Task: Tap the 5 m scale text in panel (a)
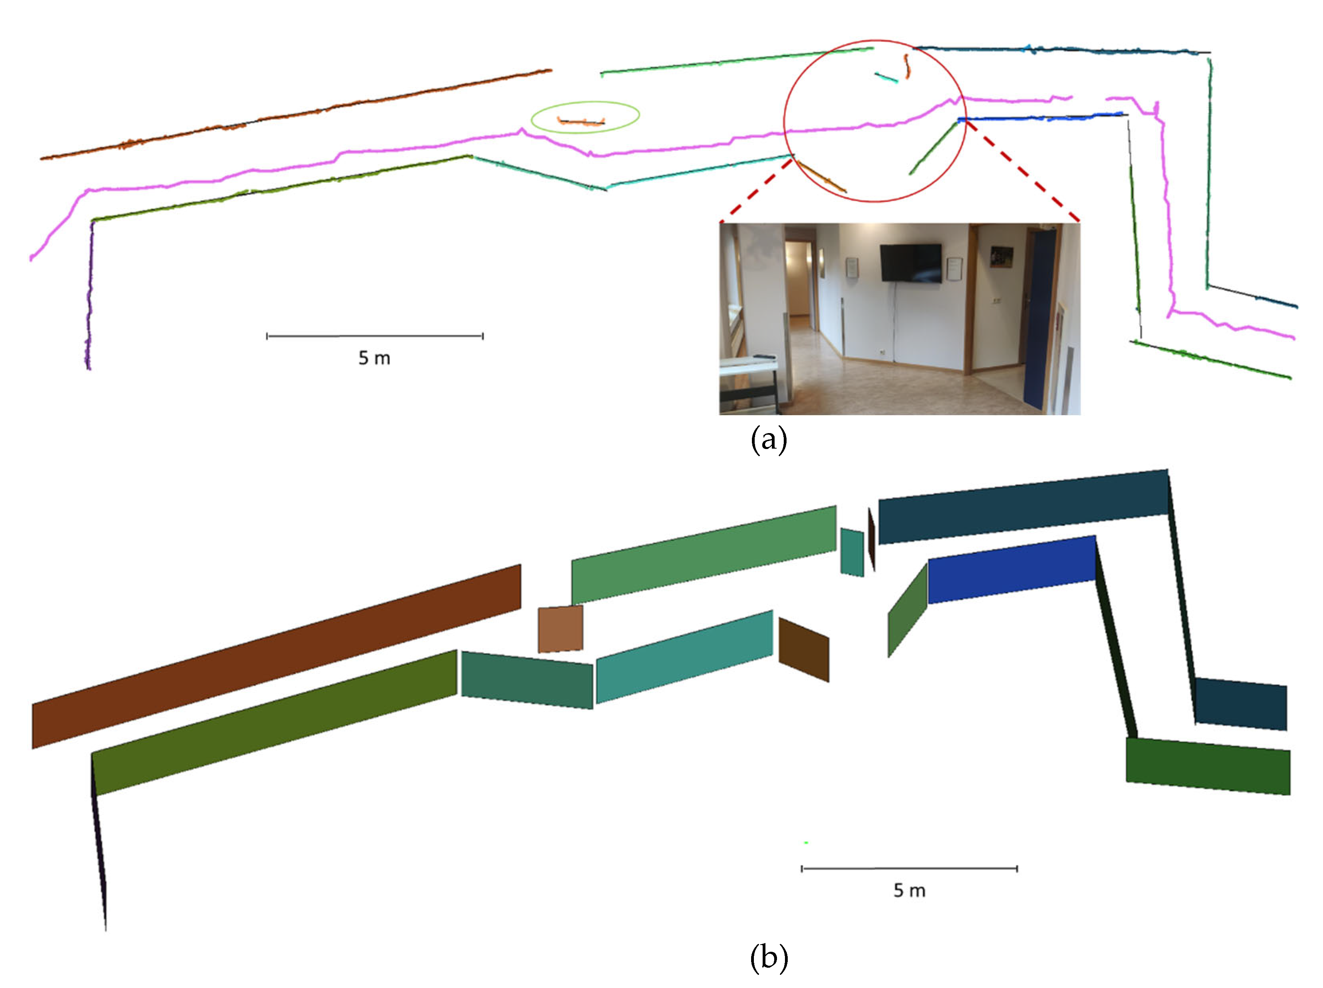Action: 374,358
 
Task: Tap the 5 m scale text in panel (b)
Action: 909,890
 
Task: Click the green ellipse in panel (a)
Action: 585,103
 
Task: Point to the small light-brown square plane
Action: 560,629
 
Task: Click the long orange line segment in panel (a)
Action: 299,113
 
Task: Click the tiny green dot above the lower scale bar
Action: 806,843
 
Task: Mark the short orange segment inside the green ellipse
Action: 580,122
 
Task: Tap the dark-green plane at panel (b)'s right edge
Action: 1208,766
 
